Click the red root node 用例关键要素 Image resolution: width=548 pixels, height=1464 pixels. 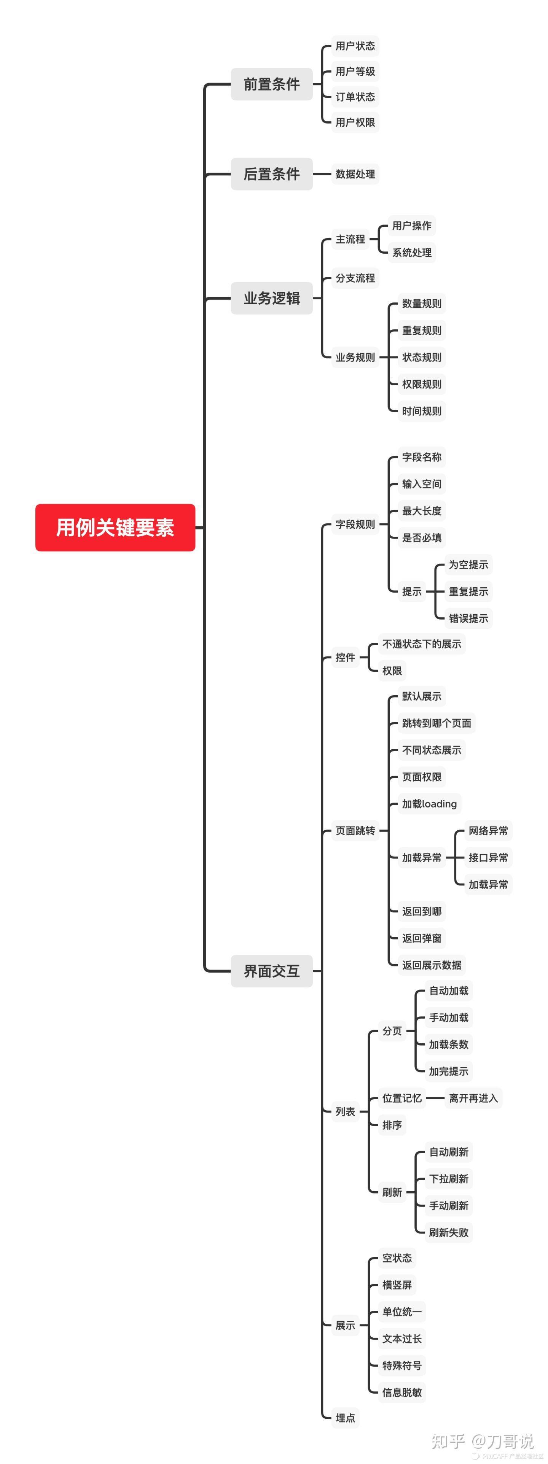click(x=115, y=528)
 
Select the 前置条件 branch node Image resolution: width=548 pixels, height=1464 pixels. click(x=272, y=84)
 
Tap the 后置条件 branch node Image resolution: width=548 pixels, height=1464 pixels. click(x=272, y=174)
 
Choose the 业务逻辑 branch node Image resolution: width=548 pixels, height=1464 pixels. click(x=272, y=298)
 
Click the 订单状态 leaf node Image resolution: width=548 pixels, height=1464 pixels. click(x=355, y=97)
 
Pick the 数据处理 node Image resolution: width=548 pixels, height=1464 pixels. click(x=355, y=174)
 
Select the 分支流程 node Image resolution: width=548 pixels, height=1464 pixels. click(x=355, y=278)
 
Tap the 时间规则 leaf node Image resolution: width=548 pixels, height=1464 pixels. click(x=422, y=411)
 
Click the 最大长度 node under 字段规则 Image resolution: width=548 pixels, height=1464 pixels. click(x=422, y=511)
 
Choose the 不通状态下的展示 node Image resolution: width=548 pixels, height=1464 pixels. click(x=422, y=644)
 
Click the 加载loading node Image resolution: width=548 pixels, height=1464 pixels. click(x=430, y=804)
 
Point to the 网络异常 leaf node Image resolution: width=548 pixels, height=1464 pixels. click(x=488, y=831)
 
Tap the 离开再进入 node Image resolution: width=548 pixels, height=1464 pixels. click(x=473, y=1098)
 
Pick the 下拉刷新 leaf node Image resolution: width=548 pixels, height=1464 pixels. click(x=449, y=1179)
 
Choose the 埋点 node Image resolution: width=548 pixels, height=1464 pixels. click(x=345, y=1418)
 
